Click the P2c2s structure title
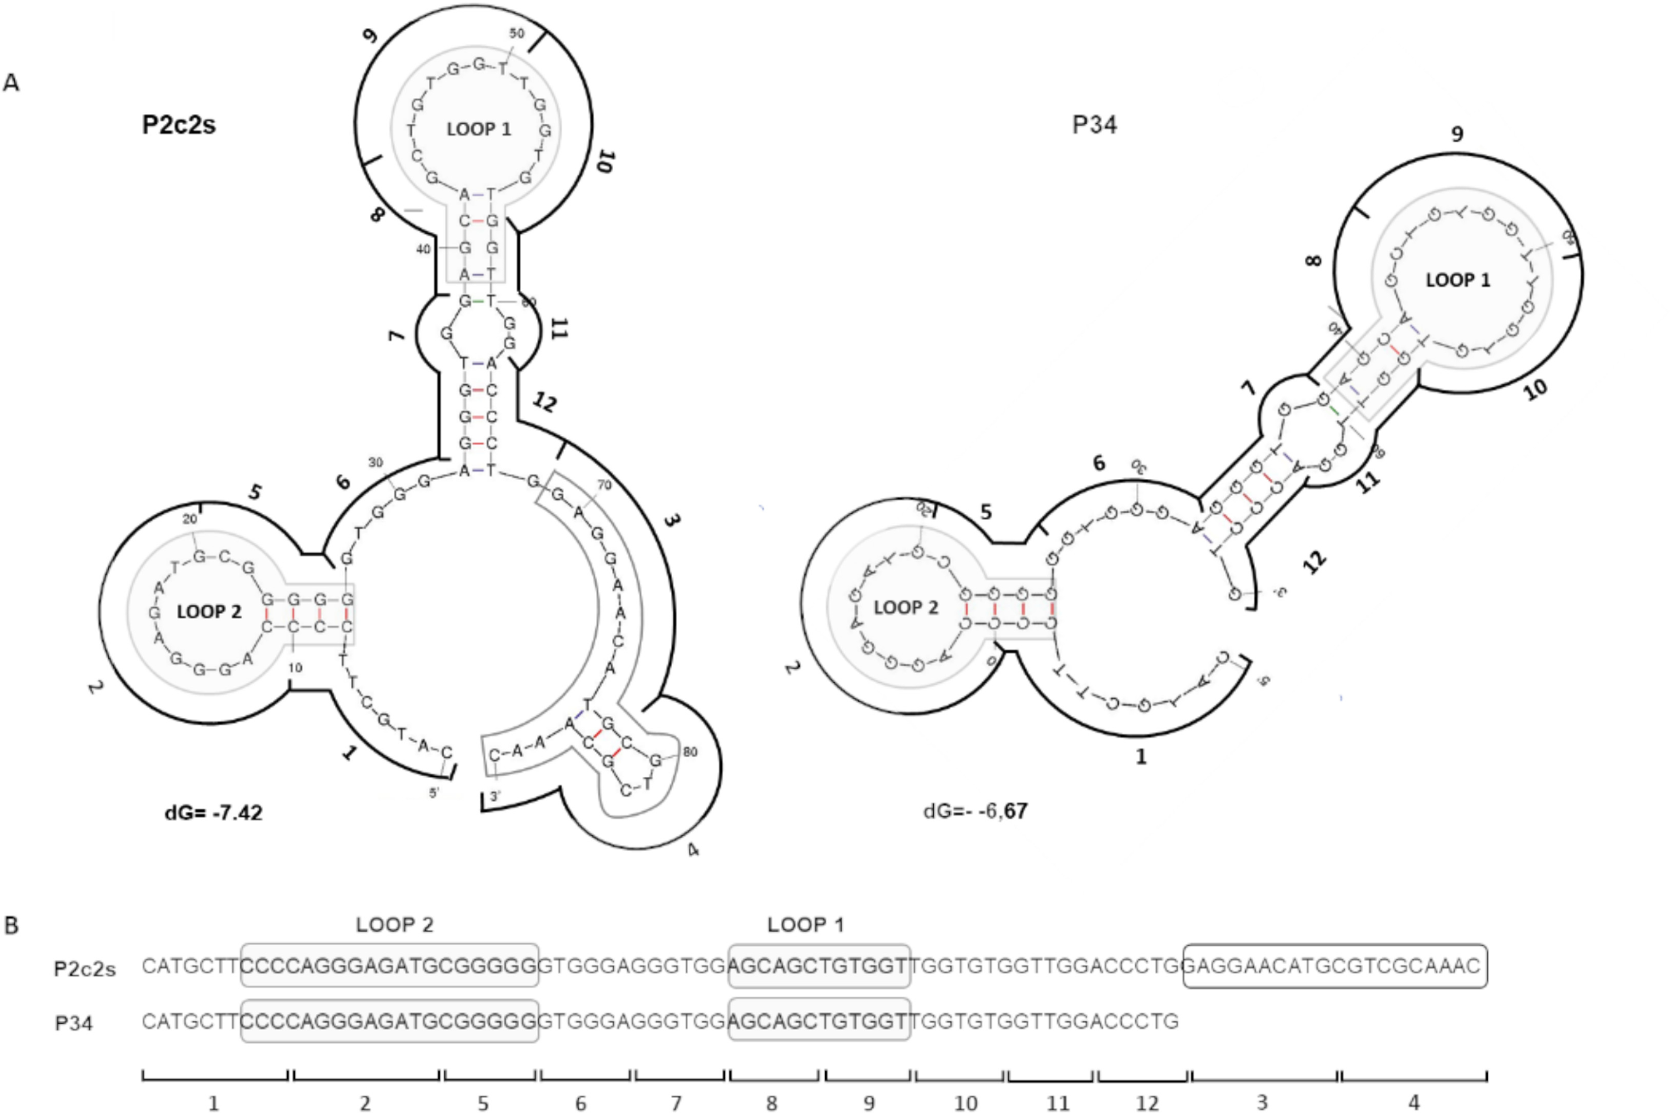(x=179, y=125)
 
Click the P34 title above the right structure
(x=1094, y=125)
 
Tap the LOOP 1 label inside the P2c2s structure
(x=479, y=129)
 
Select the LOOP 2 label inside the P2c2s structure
(x=209, y=611)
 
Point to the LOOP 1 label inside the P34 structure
(x=1458, y=279)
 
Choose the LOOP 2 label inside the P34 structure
(x=906, y=607)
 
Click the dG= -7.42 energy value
(x=214, y=813)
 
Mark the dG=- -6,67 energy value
(x=976, y=810)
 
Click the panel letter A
(x=12, y=82)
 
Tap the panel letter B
(x=12, y=926)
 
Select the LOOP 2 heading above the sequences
(x=394, y=924)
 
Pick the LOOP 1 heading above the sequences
(x=805, y=924)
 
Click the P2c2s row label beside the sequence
(x=85, y=969)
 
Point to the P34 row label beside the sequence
(x=74, y=1023)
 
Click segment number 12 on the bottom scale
(x=1147, y=1103)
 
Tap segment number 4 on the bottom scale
(x=1414, y=1103)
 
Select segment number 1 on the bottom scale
(x=214, y=1103)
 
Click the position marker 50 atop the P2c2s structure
(x=517, y=33)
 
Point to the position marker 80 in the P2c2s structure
(x=689, y=752)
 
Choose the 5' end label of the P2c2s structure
(x=434, y=793)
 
